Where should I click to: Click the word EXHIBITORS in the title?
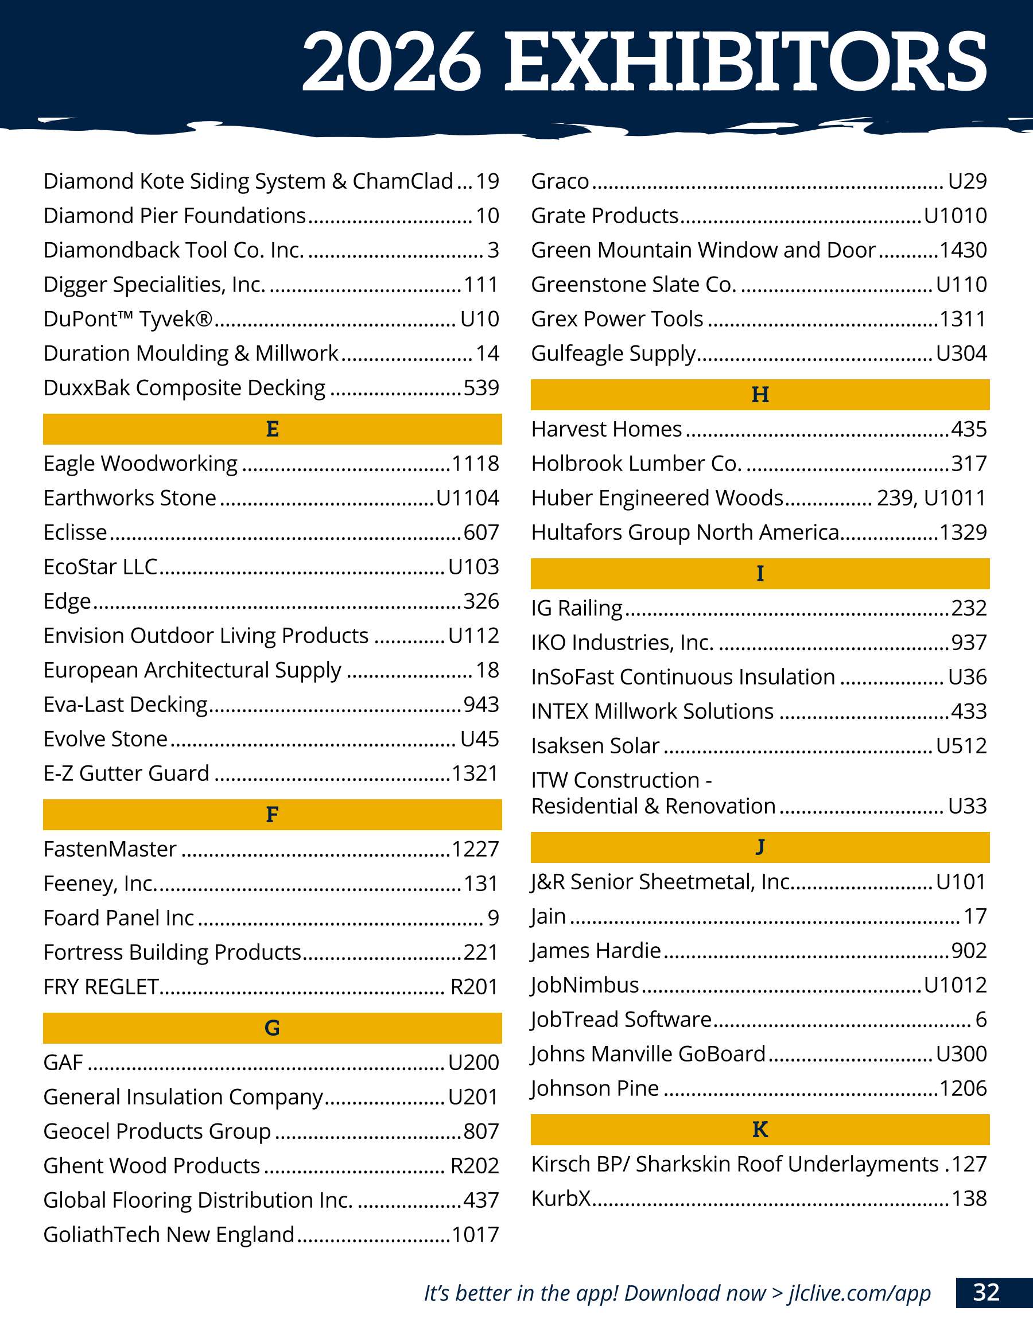[x=745, y=61]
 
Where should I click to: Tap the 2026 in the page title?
[x=391, y=61]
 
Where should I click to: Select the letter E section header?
[x=273, y=429]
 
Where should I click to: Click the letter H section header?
[x=760, y=395]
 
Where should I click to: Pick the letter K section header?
[x=760, y=1129]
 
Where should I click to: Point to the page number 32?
[x=986, y=1293]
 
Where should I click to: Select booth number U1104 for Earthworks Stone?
[x=467, y=498]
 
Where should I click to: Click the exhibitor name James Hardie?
[x=596, y=950]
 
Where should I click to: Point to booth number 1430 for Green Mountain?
[x=963, y=250]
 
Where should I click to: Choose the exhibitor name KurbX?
[x=561, y=1199]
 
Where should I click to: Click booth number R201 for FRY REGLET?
[x=474, y=986]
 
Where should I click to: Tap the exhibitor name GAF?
[x=63, y=1062]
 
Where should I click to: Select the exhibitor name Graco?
[x=560, y=181]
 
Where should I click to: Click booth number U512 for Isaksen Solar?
[x=961, y=745]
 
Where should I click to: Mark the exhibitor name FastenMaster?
[x=110, y=849]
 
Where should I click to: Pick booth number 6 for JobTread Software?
[x=981, y=1019]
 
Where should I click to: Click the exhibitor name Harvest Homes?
[x=606, y=429]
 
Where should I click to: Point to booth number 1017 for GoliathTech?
[x=475, y=1234]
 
